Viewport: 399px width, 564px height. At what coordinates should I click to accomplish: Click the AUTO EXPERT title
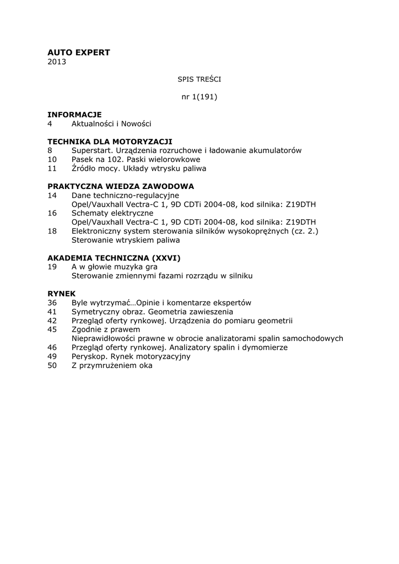point(79,52)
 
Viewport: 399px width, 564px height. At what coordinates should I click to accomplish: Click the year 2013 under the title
point(57,62)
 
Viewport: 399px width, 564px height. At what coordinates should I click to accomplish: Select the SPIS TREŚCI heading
point(199,79)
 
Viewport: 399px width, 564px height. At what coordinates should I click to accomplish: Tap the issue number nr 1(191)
point(199,97)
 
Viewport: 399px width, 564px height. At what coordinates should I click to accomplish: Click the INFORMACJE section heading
point(74,115)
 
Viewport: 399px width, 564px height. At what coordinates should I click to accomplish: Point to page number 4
point(50,123)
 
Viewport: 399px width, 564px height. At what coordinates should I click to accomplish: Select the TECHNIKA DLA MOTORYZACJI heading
point(110,142)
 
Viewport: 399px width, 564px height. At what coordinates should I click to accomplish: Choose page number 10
point(52,159)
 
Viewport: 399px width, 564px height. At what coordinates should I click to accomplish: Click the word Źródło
point(85,168)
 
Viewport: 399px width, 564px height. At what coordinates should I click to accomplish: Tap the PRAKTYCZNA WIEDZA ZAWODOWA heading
point(121,186)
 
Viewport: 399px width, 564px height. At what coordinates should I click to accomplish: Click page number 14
point(52,195)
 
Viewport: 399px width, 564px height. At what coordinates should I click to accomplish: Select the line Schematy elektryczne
point(112,213)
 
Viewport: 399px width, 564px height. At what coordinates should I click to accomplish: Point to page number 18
point(52,231)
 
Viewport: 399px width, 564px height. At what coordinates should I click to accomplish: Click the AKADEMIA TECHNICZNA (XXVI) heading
point(114,258)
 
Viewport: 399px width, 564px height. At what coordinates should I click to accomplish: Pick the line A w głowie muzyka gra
point(115,267)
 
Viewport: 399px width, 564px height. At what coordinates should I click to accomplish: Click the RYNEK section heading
point(62,294)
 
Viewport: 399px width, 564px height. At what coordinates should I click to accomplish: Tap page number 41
point(52,311)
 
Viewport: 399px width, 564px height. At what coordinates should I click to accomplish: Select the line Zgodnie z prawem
point(106,329)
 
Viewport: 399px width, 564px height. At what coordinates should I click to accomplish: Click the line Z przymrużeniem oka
point(112,365)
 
